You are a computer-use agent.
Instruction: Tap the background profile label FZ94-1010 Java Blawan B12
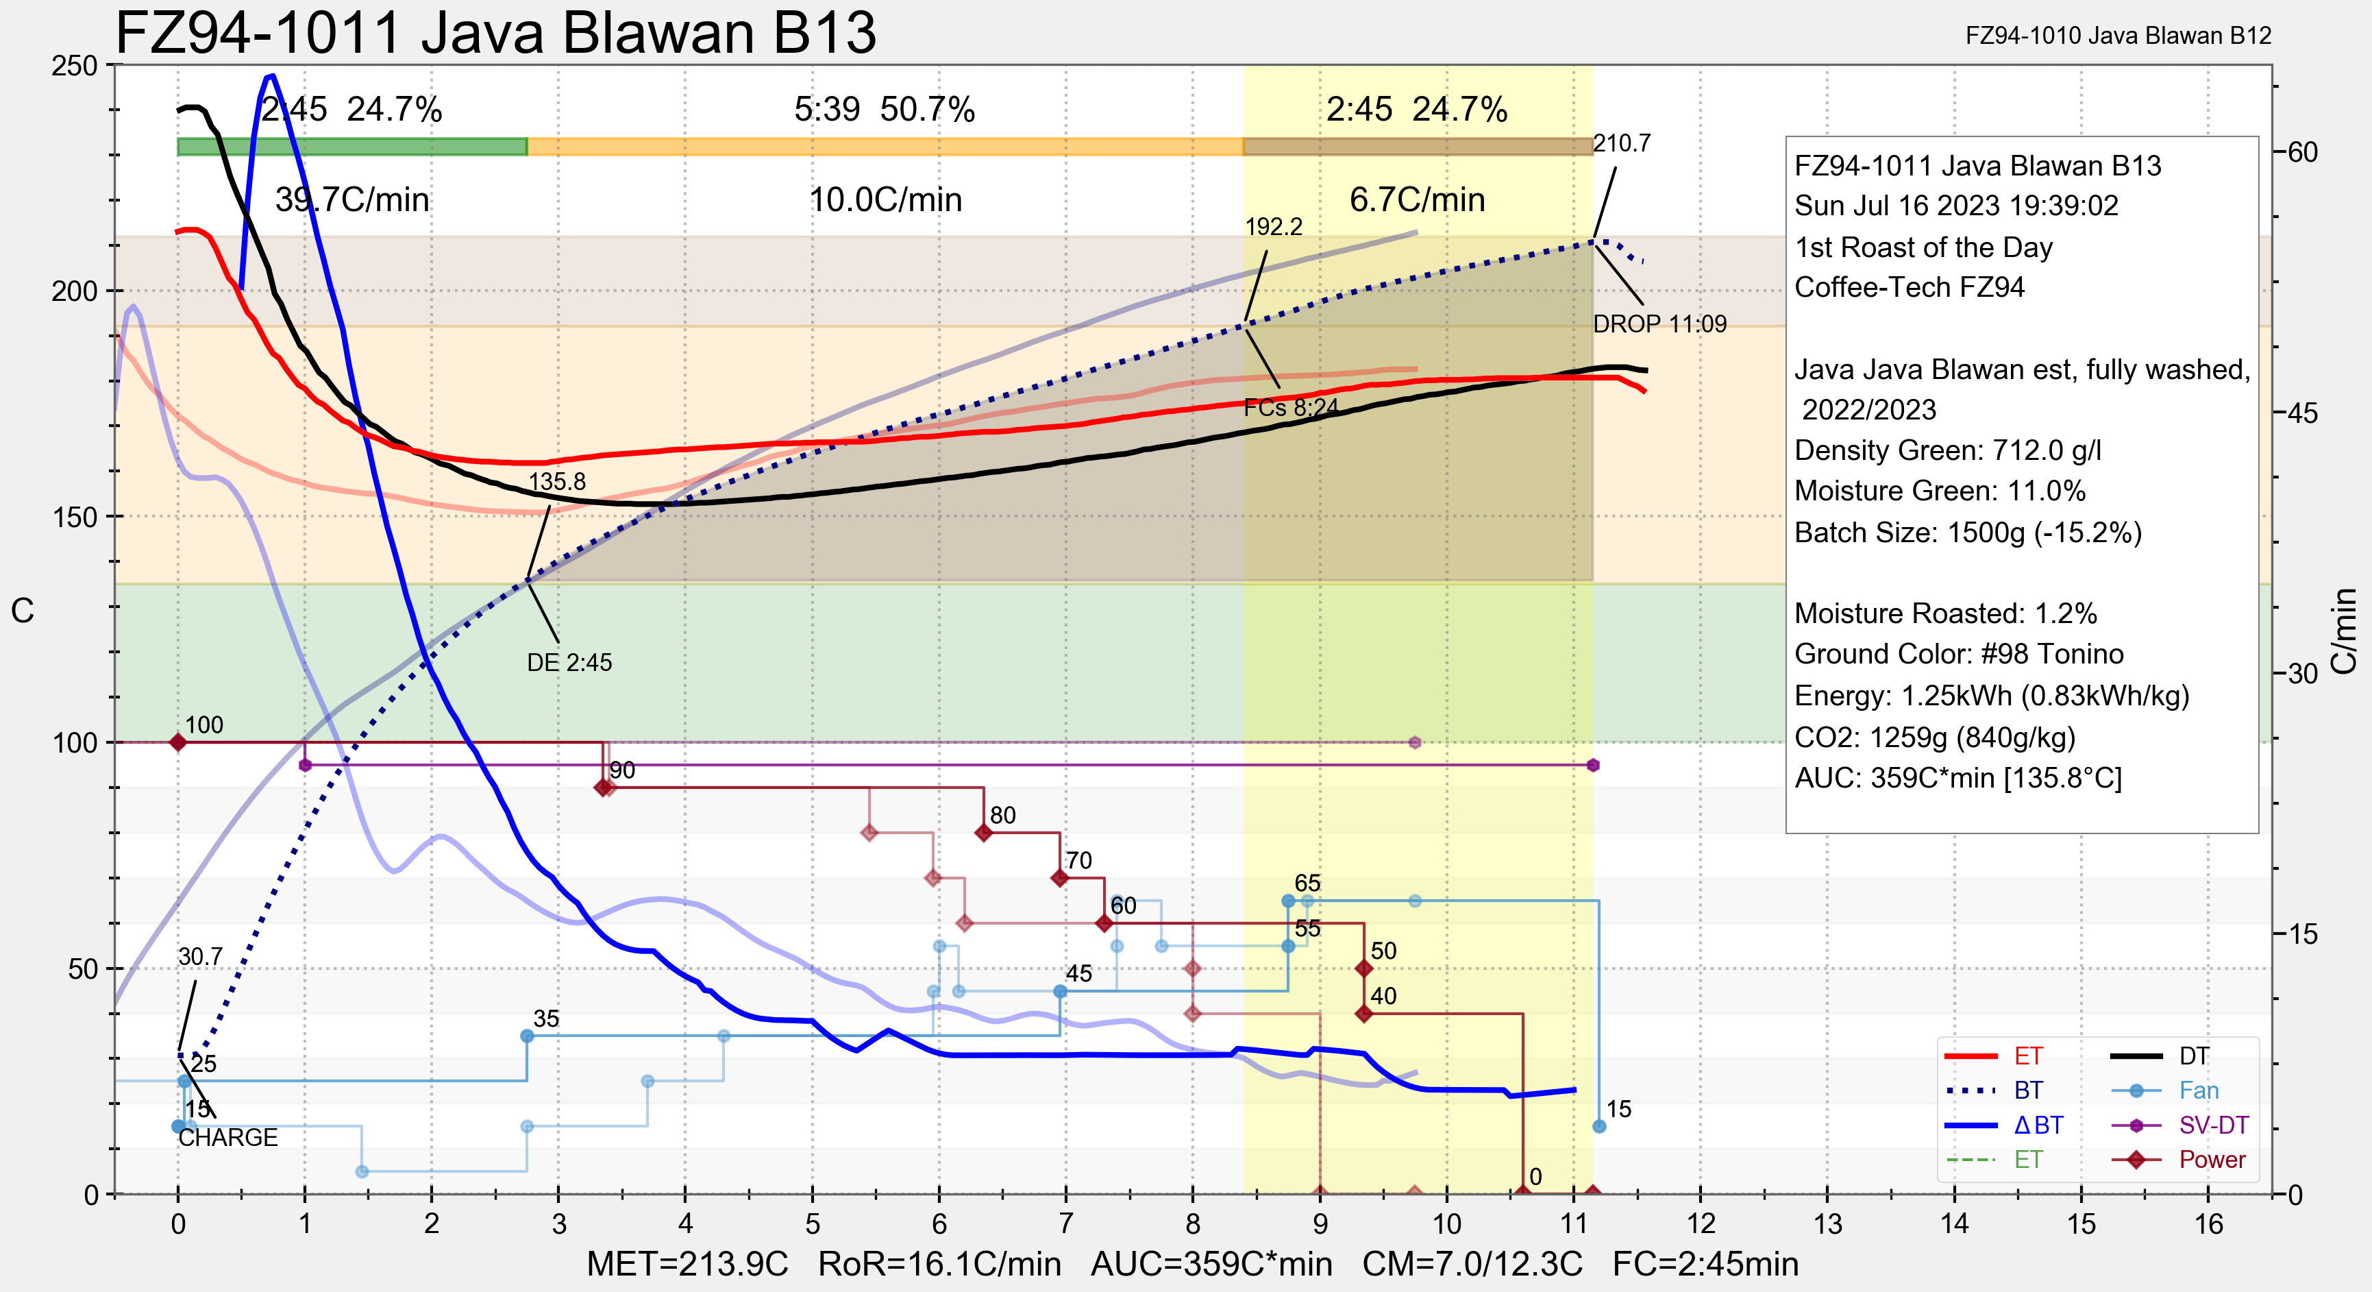pyautogui.click(x=2118, y=36)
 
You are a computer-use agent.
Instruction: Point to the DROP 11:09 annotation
pyautogui.click(x=1659, y=324)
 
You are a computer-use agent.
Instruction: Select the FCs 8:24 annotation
pyautogui.click(x=1291, y=408)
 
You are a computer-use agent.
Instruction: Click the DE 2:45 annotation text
pyautogui.click(x=569, y=663)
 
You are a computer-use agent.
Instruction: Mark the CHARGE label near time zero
pyautogui.click(x=227, y=1138)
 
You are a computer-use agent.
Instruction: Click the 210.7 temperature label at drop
pyautogui.click(x=1622, y=144)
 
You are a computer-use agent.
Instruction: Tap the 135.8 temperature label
pyautogui.click(x=556, y=482)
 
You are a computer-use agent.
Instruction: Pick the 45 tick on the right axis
pyautogui.click(x=2302, y=413)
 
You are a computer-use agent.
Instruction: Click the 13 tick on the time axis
pyautogui.click(x=1828, y=1225)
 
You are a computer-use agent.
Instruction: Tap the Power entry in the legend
pyautogui.click(x=2212, y=1160)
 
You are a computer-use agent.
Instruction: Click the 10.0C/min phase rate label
pyautogui.click(x=885, y=200)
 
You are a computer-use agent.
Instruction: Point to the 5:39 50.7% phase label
pyautogui.click(x=884, y=110)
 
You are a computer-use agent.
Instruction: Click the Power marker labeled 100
pyautogui.click(x=179, y=742)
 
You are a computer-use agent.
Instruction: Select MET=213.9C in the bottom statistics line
pyautogui.click(x=687, y=1265)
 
